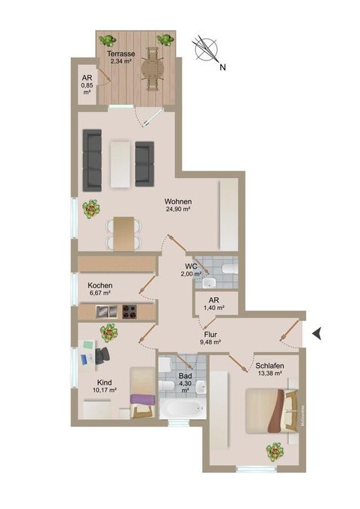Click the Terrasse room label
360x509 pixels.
(120, 54)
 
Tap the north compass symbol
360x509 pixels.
(207, 50)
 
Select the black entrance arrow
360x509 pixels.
(317, 334)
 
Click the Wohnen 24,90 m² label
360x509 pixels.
(177, 205)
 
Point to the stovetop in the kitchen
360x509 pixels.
(129, 311)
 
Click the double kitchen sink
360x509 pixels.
(106, 311)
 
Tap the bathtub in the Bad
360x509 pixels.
(182, 409)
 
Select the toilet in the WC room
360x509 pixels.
(230, 269)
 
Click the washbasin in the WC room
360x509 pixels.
(210, 283)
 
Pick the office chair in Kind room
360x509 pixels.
(103, 355)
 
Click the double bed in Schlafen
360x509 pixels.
(272, 411)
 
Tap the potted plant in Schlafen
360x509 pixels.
(275, 451)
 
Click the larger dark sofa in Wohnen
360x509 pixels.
(92, 160)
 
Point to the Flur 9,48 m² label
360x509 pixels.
(210, 338)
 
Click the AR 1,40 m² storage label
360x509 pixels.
(214, 303)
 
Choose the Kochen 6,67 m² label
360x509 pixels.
(100, 289)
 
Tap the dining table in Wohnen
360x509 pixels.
(123, 234)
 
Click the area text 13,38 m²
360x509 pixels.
(269, 374)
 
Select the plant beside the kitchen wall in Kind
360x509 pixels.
(109, 333)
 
